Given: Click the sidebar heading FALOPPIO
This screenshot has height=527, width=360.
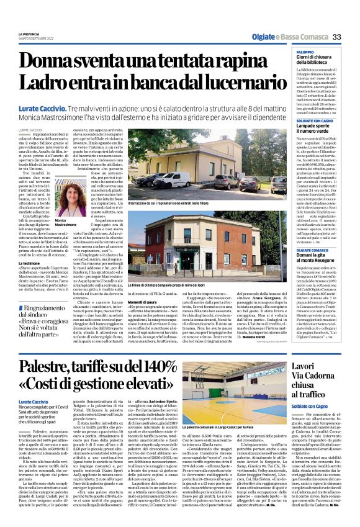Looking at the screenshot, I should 305,52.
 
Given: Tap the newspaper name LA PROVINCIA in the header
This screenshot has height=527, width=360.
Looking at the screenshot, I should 29,34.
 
